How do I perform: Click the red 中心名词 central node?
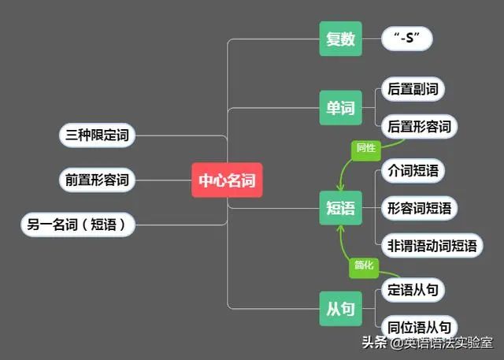coord(227,180)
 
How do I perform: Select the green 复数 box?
coord(340,39)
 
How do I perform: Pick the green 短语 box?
coord(340,208)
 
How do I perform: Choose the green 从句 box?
coord(340,308)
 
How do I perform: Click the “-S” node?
coord(407,39)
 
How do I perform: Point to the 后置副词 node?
coord(412,88)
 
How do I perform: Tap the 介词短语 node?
coord(413,170)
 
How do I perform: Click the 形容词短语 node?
coord(419,208)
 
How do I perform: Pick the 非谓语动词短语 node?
coord(431,246)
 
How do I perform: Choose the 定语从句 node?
coord(412,289)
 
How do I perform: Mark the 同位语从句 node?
coord(418,327)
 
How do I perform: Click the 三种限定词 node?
coord(97,135)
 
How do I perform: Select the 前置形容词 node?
coord(97,180)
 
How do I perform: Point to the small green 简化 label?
coord(364,266)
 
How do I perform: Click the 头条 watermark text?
coord(376,343)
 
